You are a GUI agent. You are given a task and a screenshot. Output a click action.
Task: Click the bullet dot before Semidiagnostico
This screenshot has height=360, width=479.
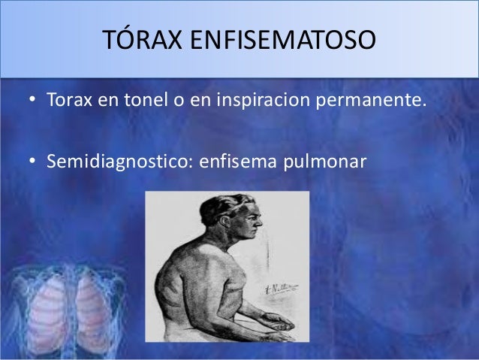[x=32, y=162]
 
